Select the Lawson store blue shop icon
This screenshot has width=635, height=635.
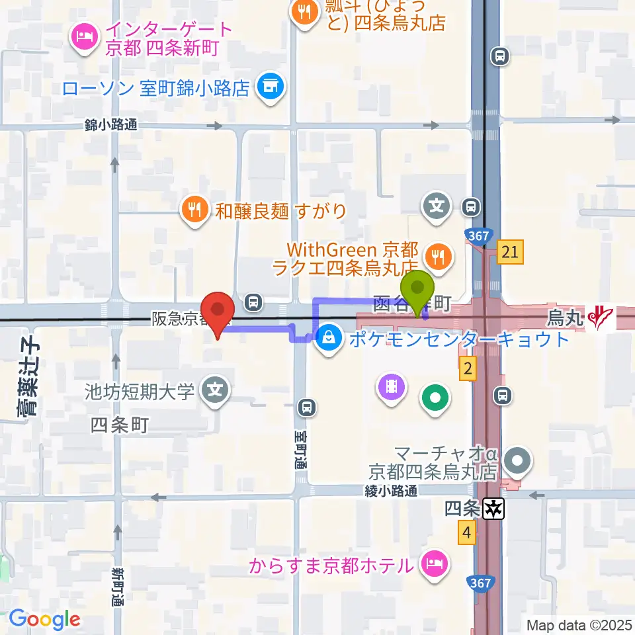pos(270,87)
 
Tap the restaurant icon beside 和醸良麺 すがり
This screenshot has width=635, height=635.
pos(193,211)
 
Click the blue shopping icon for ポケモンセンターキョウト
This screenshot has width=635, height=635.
pos(327,339)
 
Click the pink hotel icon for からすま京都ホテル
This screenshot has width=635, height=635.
pos(435,566)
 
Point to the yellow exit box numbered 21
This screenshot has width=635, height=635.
pos(509,252)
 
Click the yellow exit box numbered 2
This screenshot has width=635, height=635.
pos(468,370)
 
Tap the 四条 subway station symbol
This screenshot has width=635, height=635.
pos(493,508)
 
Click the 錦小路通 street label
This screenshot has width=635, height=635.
pos(111,124)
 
